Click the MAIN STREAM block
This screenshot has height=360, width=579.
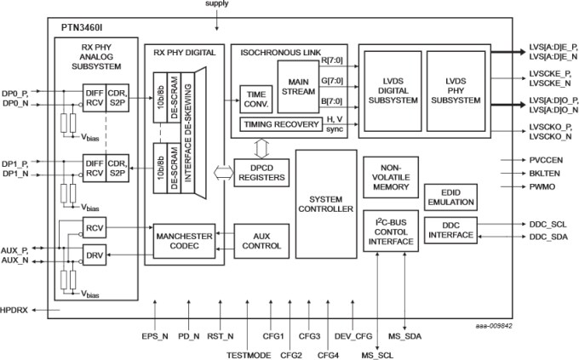pos(296,88)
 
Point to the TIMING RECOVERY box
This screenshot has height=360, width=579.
pos(280,124)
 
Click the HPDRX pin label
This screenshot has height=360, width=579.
pos(15,310)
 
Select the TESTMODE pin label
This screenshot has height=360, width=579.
pos(247,352)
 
